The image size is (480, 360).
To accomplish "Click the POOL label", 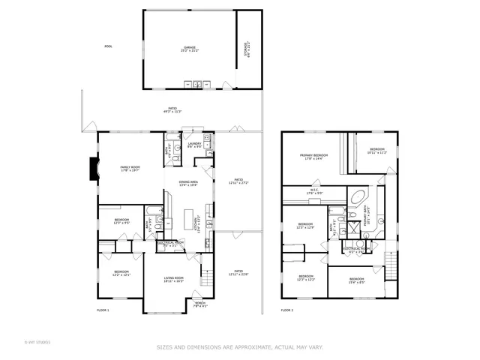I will point(109,46).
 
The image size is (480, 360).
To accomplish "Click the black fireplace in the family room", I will point(91,169).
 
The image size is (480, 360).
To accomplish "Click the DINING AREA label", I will point(188,184).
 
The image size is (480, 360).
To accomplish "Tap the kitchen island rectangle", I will point(187,218).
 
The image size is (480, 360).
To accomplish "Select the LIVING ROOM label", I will point(174,280).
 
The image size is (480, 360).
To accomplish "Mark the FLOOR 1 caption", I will point(103,310).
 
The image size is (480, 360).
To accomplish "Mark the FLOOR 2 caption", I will point(287,310).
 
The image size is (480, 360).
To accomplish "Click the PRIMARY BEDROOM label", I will point(314,156).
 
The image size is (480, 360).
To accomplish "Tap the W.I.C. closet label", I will point(314,191).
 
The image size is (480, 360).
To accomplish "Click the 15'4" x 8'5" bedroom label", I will point(355,281).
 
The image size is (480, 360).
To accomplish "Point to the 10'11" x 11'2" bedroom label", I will point(376,151).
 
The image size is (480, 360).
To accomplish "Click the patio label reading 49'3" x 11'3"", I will point(173,110).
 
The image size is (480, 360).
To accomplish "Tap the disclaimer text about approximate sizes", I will point(240,347).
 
